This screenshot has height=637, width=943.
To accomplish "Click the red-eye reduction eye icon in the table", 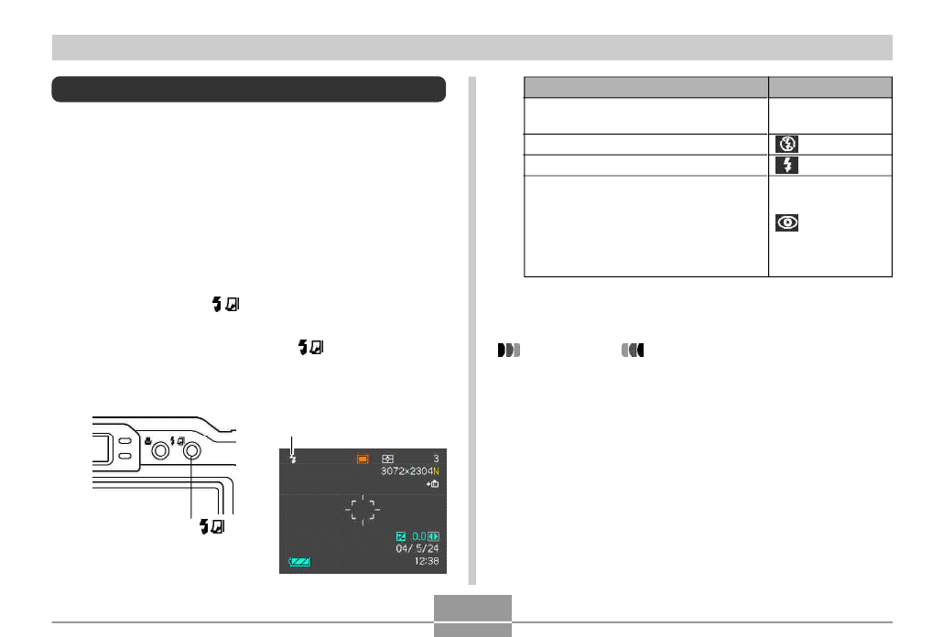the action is (786, 223).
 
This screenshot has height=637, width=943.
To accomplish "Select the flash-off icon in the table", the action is (786, 144).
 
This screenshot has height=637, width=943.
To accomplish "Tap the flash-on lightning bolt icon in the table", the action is (786, 166).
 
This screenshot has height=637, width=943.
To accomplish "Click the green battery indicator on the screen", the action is (299, 562).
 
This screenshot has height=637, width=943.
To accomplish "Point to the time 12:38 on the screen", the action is (427, 561).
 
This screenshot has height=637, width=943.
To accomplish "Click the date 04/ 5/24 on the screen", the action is (417, 548).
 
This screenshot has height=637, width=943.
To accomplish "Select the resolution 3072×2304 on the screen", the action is (406, 471).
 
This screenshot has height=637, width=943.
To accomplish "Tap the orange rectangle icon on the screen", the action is (363, 459).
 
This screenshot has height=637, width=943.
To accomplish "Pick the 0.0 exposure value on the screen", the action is (418, 536).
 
